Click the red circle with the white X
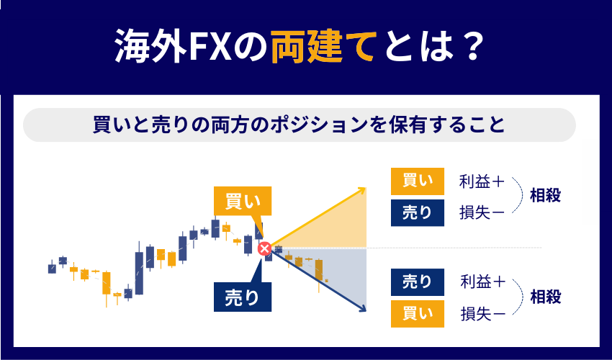pyautogui.click(x=265, y=248)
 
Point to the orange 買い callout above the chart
pyautogui.click(x=243, y=202)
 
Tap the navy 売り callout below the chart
pyautogui.click(x=243, y=297)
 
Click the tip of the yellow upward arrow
pyautogui.click(x=365, y=188)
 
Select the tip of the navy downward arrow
pyautogui.click(x=366, y=311)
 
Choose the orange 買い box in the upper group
pyautogui.click(x=417, y=181)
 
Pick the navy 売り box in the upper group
pyautogui.click(x=417, y=213)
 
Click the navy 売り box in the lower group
pyautogui.click(x=417, y=282)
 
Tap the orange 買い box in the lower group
pyautogui.click(x=417, y=314)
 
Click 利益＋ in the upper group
pyautogui.click(x=482, y=182)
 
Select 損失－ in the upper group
pyautogui.click(x=482, y=213)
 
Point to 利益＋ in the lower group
pyautogui.click(x=482, y=282)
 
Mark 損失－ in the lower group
pyautogui.click(x=482, y=313)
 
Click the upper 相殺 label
pyautogui.click(x=545, y=196)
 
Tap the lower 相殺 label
pyautogui.click(x=546, y=297)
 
